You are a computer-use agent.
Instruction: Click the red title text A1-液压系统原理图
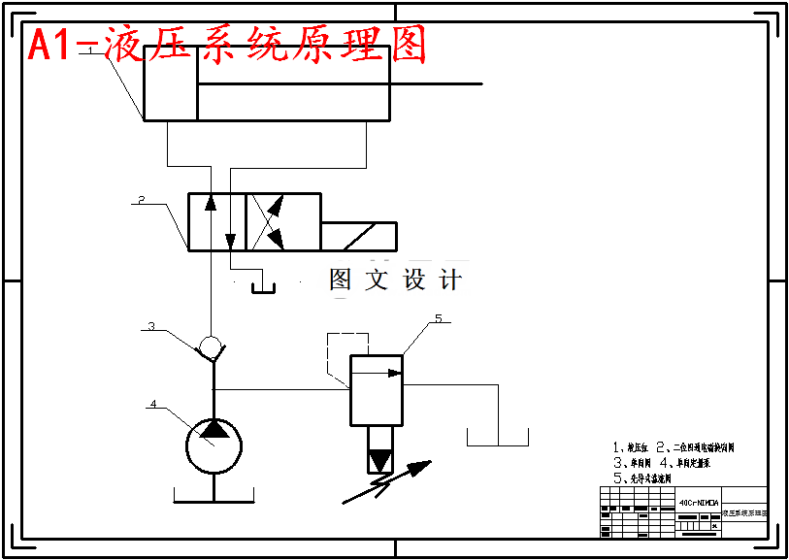227,45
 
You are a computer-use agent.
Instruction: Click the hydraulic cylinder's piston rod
437,84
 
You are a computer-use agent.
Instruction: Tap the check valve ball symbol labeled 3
211,345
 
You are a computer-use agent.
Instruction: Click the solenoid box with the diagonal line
358,236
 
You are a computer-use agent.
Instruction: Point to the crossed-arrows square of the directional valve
282,222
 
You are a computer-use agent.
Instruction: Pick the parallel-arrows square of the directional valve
215,222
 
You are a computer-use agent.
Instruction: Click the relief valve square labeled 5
376,389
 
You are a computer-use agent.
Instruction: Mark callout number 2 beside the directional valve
141,200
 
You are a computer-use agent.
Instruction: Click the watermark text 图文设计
395,280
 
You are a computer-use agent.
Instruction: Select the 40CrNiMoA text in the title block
699,503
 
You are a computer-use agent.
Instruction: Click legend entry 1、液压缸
632,447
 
